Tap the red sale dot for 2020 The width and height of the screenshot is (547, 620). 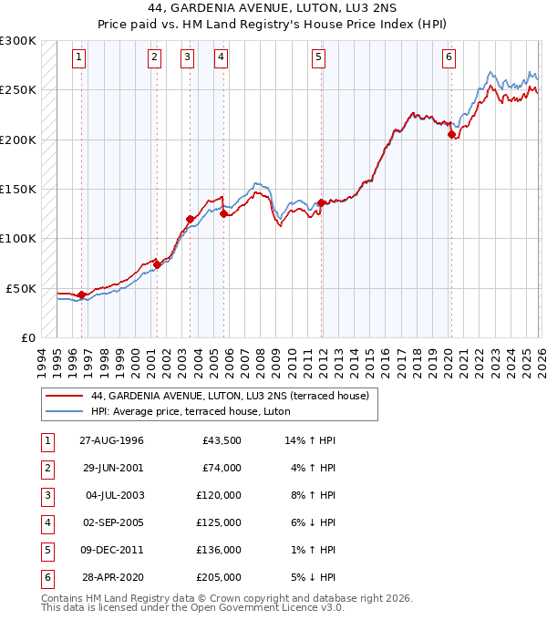[x=451, y=135]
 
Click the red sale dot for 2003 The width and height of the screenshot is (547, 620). [x=191, y=219]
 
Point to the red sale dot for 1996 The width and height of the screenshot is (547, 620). [x=82, y=294]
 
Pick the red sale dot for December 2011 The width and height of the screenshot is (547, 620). [x=322, y=202]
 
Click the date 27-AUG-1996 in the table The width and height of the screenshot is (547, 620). [x=110, y=440]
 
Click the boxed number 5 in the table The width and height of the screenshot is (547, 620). [x=45, y=550]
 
